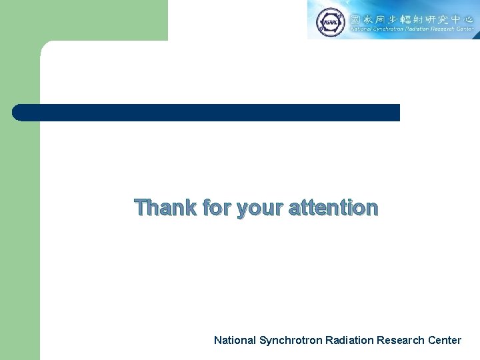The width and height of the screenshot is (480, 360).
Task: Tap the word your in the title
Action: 260,209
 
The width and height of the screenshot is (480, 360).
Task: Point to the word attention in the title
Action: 333,207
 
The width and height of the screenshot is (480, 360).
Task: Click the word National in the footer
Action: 235,340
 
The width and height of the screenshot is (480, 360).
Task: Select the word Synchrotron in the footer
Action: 291,340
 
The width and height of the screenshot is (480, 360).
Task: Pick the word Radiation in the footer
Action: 349,340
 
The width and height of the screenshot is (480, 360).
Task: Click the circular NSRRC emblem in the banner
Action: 329,21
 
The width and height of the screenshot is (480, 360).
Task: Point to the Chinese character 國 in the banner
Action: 357,16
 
